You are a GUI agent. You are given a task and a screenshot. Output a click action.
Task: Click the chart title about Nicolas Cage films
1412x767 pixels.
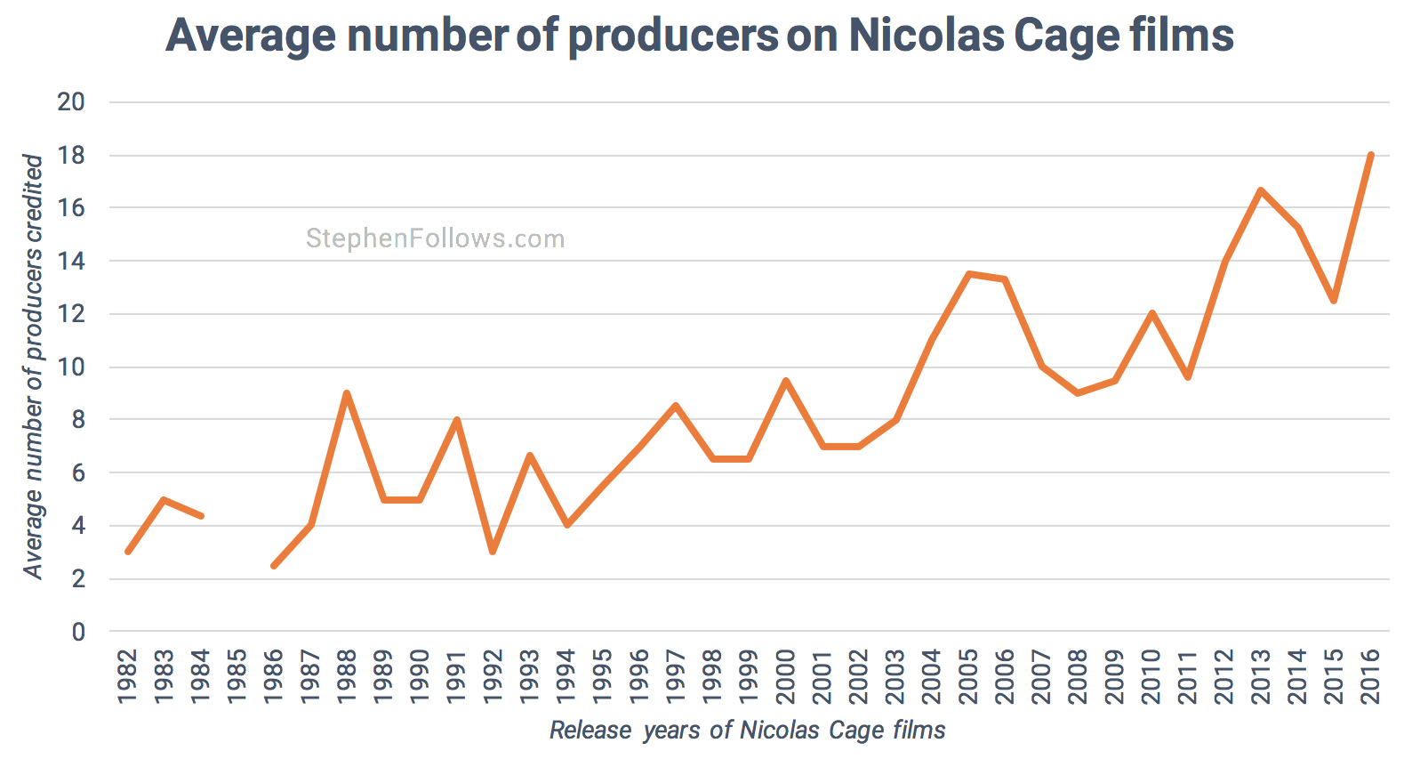coord(700,36)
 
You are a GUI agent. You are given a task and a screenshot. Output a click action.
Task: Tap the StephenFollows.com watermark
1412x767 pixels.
coord(435,238)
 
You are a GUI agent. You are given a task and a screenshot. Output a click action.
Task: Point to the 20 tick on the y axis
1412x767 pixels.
coord(71,102)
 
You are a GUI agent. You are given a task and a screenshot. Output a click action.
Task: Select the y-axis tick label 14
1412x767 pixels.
coord(71,262)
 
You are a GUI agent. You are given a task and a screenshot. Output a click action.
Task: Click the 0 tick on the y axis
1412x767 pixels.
coord(78,633)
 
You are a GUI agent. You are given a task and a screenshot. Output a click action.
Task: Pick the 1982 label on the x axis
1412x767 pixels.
coord(128,676)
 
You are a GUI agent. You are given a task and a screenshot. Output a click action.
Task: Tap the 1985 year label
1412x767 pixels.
coord(237,676)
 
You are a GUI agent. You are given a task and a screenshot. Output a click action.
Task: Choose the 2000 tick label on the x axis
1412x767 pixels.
coord(786,676)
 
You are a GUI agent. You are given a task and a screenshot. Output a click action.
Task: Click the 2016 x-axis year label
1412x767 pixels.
coord(1370,676)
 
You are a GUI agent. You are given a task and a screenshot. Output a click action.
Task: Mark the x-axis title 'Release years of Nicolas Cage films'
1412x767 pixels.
coord(747,731)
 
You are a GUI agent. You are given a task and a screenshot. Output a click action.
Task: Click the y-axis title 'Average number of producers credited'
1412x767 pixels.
coord(33,367)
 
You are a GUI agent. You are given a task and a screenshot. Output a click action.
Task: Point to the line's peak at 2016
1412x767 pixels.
coord(1370,156)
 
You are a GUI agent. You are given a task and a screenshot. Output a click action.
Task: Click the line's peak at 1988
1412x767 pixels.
coord(347,393)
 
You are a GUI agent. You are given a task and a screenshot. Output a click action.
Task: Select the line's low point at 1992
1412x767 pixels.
coord(493,552)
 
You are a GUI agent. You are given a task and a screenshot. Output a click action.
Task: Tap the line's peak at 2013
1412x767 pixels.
coord(1261,190)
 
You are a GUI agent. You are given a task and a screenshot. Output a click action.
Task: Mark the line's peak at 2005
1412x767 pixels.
coord(968,274)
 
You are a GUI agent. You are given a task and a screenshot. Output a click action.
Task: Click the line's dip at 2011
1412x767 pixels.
coord(1188,377)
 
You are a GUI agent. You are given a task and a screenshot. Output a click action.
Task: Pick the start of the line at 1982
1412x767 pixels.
coord(128,552)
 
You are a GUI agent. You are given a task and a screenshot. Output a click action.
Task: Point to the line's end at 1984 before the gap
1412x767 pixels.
coord(201,516)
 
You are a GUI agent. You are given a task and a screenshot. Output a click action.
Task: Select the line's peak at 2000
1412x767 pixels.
coord(786,381)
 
